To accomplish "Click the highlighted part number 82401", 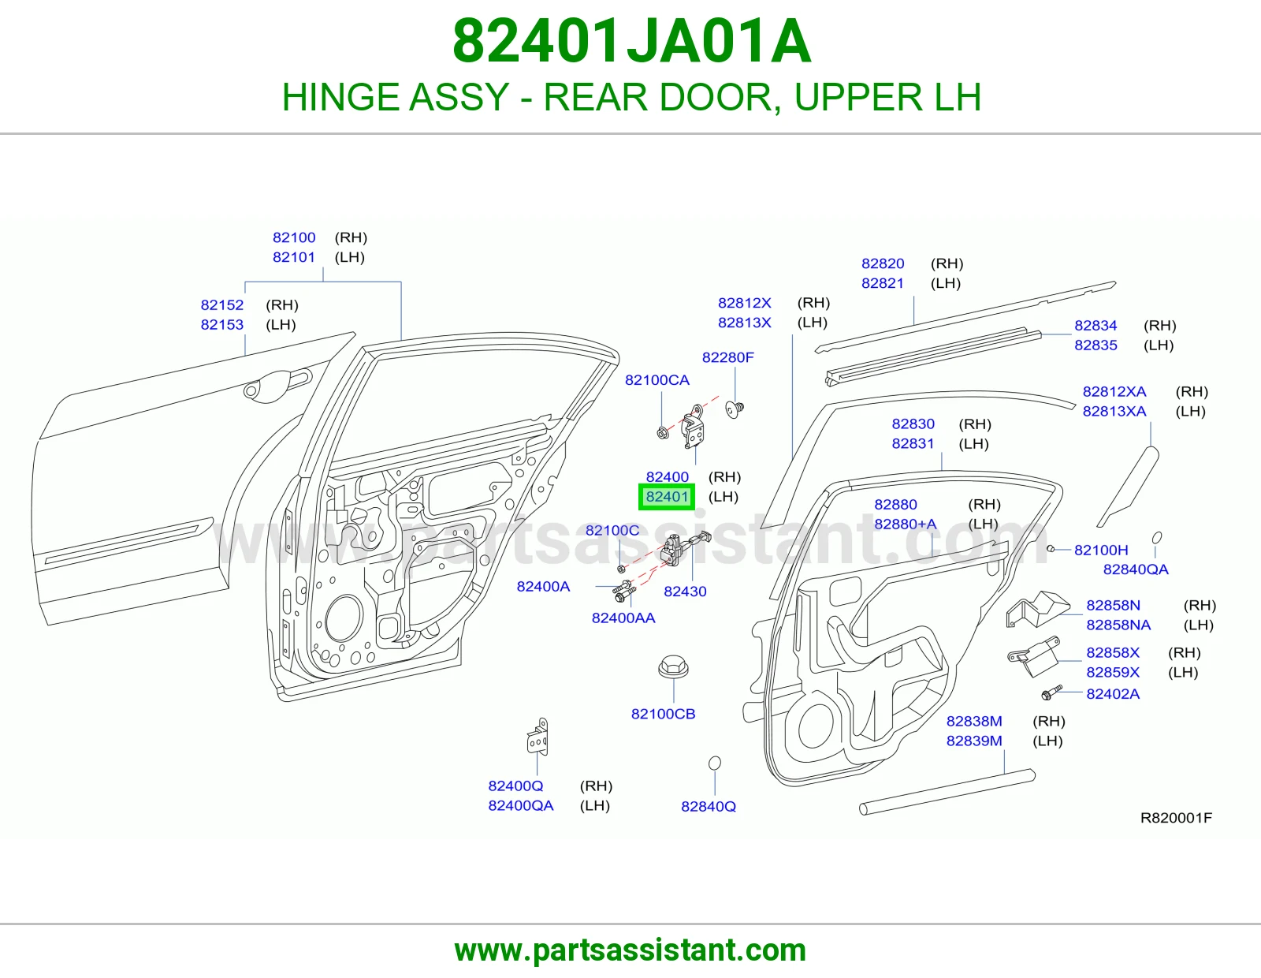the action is [x=667, y=497].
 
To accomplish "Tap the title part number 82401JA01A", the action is [x=630, y=41].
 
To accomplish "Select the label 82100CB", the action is [x=663, y=714].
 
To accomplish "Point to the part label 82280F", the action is [x=727, y=357].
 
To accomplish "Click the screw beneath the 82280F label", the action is [x=735, y=410].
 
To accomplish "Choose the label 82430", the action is [x=685, y=592].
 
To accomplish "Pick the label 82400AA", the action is [x=623, y=618].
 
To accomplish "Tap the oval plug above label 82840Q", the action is [x=715, y=763].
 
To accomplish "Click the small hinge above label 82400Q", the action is [x=538, y=737].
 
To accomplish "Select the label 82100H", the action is [x=1101, y=550].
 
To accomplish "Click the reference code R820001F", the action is [x=1176, y=818].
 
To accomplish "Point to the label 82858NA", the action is [x=1118, y=625].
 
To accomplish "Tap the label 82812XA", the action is [x=1114, y=391].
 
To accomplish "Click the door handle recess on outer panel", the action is [x=277, y=386].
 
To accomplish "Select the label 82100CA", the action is [x=657, y=380].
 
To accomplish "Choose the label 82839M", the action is [x=974, y=741].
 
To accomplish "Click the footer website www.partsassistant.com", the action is [x=630, y=950].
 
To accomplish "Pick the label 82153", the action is [x=221, y=325].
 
